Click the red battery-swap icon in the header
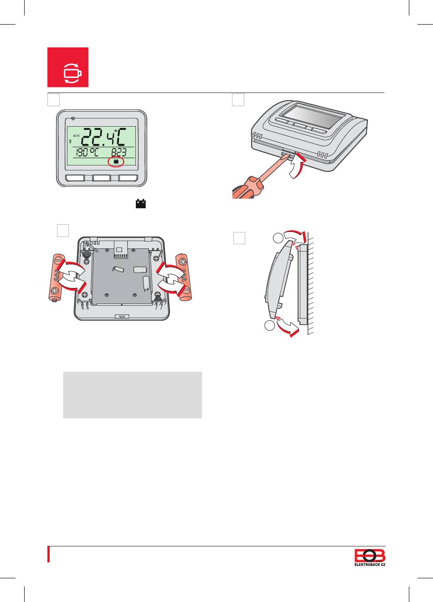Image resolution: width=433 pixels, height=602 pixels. click(68, 67)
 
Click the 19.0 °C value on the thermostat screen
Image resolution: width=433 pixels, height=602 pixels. click(88, 152)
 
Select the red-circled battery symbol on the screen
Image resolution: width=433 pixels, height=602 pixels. click(116, 162)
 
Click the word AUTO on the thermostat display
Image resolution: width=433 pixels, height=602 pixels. click(76, 135)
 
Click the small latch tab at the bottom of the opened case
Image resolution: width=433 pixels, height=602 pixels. click(122, 316)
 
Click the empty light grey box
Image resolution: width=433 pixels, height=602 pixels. click(132, 395)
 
